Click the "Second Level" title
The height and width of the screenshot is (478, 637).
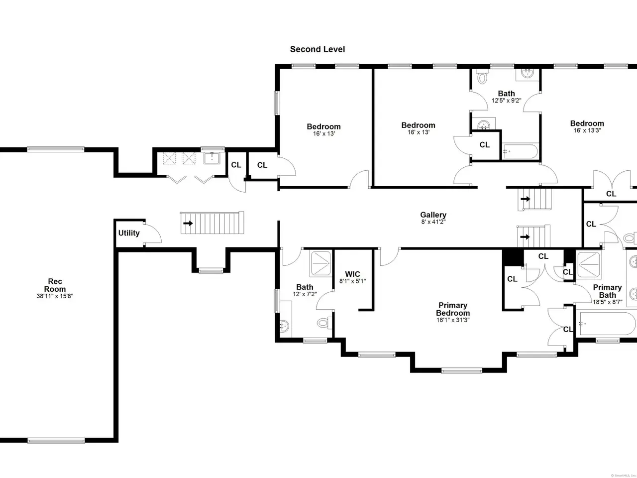[318, 49]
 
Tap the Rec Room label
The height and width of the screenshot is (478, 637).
[55, 285]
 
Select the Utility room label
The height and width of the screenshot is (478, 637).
[129, 233]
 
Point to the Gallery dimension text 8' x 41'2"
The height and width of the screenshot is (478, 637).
[433, 222]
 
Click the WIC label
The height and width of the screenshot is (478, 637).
[353, 274]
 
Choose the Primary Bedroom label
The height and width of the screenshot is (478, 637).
[453, 309]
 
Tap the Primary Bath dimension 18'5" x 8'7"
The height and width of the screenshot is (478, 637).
[608, 302]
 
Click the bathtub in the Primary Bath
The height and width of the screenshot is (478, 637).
[606, 324]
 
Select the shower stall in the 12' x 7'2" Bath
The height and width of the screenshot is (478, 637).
[320, 263]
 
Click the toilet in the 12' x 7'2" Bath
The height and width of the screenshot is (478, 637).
[324, 323]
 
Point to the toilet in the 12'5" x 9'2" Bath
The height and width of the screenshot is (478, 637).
[482, 76]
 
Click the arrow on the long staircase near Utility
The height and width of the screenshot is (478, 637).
[188, 223]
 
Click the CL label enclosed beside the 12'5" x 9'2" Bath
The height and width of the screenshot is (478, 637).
[485, 144]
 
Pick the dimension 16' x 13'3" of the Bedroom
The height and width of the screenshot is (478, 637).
[587, 130]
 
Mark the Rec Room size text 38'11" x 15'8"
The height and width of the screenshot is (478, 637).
[55, 296]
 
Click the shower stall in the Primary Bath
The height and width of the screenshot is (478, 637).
[589, 265]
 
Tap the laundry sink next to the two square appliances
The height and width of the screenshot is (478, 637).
[212, 158]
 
